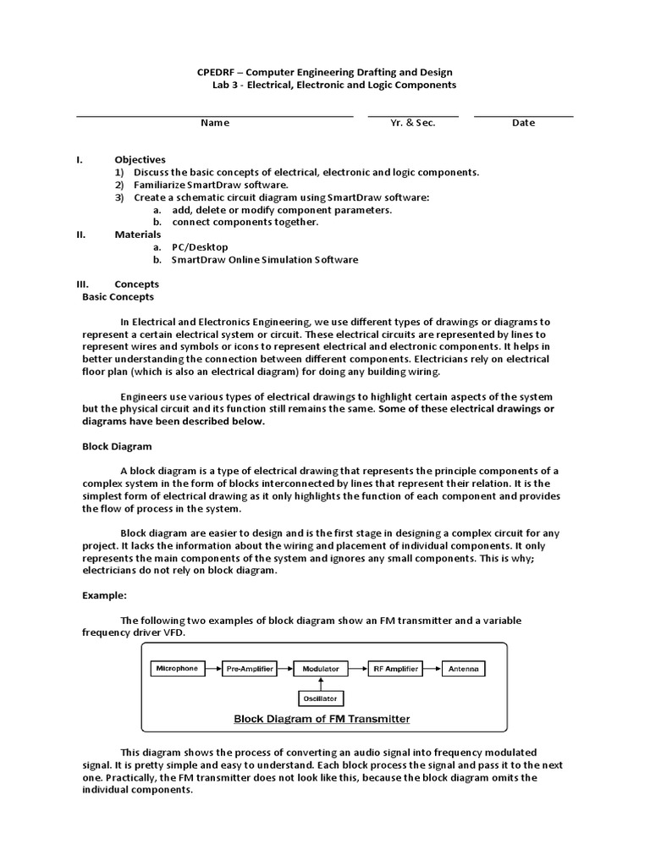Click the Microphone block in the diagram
click(178, 669)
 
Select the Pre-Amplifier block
click(250, 669)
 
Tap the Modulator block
click(321, 669)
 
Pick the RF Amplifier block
click(395, 669)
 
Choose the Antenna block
click(464, 669)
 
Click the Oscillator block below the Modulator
click(321, 699)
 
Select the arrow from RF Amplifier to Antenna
click(432, 669)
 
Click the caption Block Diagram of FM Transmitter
click(322, 719)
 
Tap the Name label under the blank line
click(214, 123)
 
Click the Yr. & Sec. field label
click(413, 123)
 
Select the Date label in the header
click(523, 123)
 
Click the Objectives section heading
click(140, 159)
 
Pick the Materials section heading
click(137, 235)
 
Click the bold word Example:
click(104, 595)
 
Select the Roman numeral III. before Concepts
click(84, 284)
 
